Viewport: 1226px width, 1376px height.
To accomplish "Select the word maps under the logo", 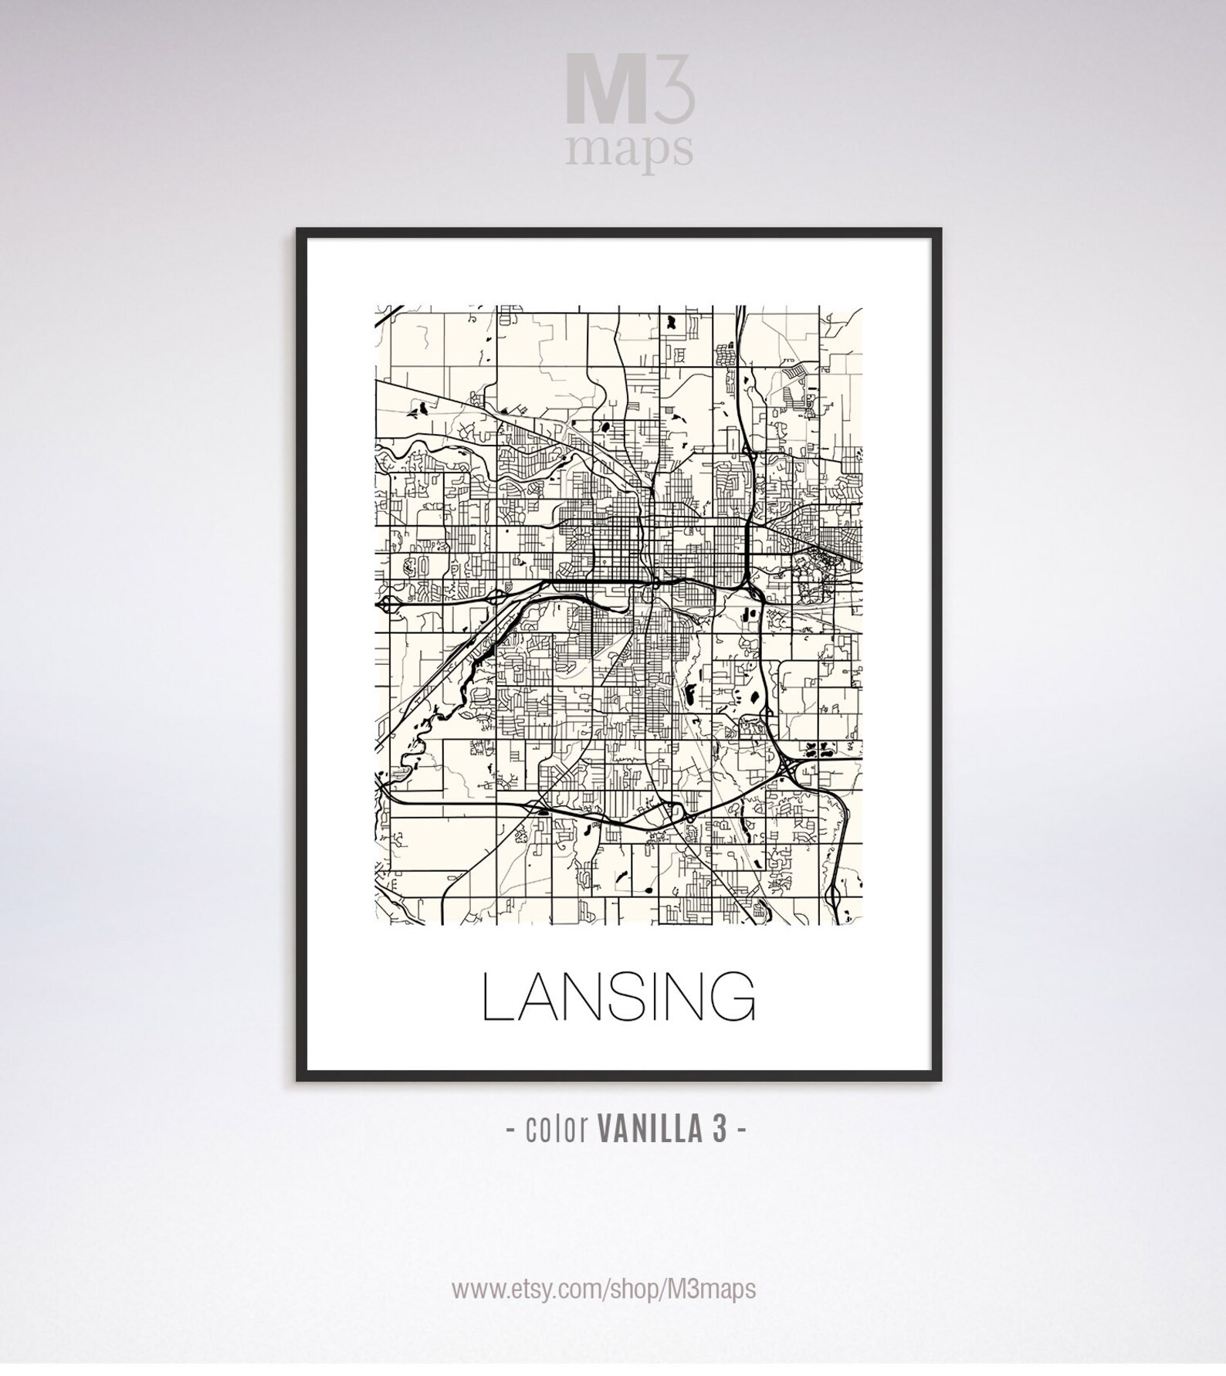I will click(628, 151).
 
